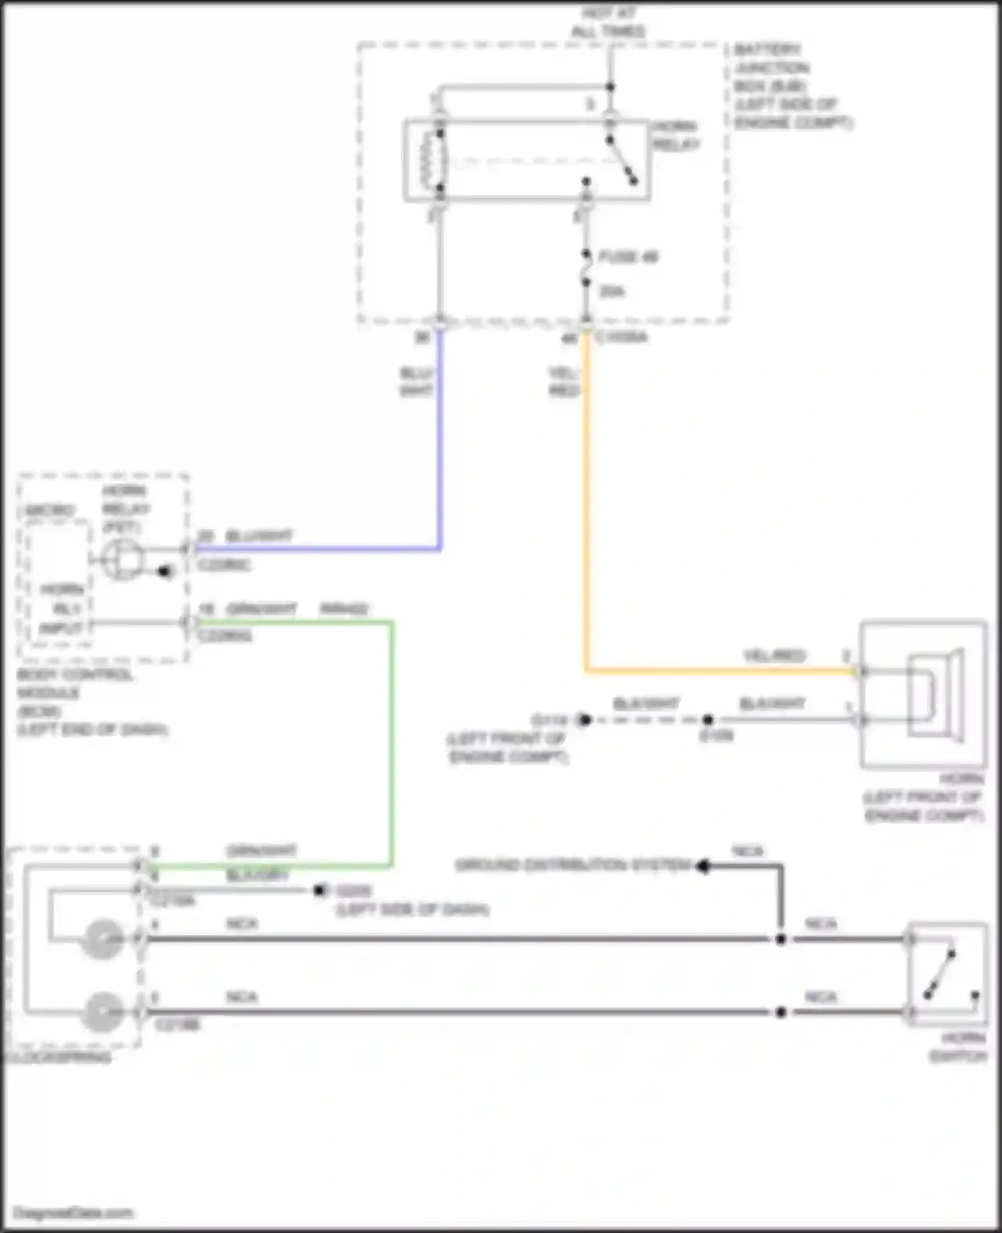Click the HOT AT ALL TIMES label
(608, 23)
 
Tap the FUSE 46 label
(629, 256)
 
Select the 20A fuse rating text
(612, 291)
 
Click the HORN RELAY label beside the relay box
(675, 136)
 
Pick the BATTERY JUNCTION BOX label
(792, 86)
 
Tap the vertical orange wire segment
(587, 501)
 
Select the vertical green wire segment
(391, 741)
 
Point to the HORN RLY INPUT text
(61, 608)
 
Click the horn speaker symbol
(935, 695)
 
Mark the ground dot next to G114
(585, 720)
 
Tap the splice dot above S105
(708, 720)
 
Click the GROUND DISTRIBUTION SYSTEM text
(572, 866)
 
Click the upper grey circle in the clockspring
(102, 939)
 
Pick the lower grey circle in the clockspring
(102, 1012)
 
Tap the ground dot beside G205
(320, 890)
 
